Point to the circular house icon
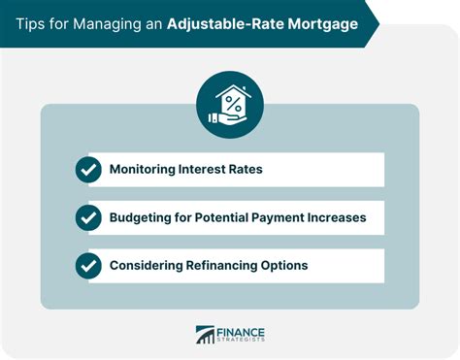point(230,105)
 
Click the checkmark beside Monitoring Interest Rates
point(88,170)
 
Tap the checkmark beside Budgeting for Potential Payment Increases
point(88,217)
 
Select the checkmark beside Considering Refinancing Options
point(88,265)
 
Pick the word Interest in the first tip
point(212,170)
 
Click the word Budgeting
point(143,217)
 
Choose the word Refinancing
point(228,265)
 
